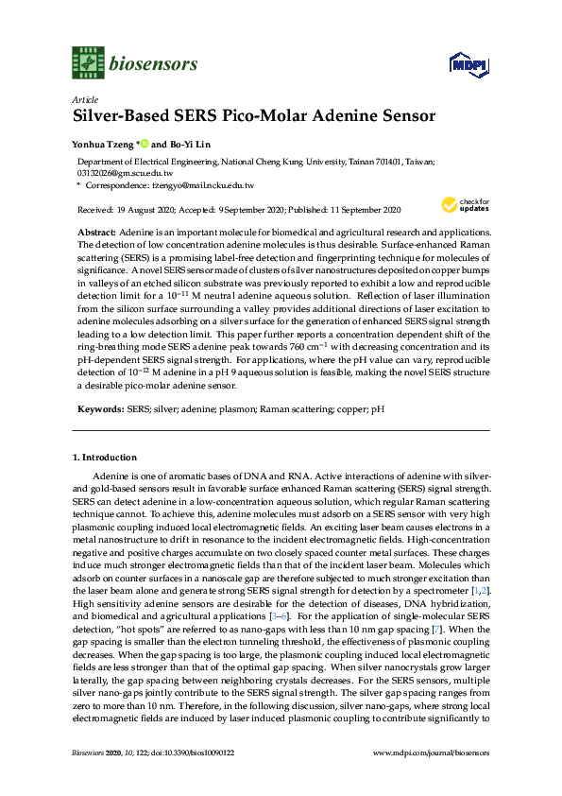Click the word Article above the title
[84, 99]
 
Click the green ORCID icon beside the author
[146, 145]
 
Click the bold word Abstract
[96, 232]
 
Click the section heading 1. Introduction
[105, 458]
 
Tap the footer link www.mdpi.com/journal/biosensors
[432, 780]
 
